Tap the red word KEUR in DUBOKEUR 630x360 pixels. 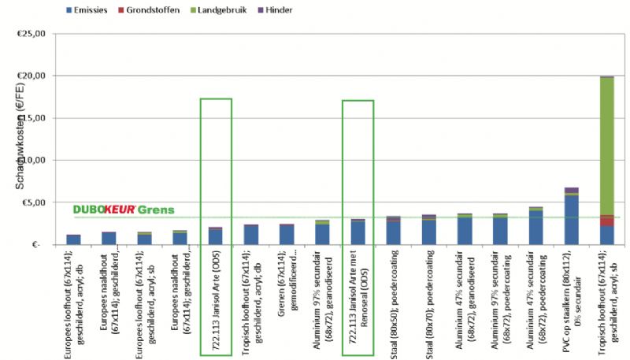point(120,210)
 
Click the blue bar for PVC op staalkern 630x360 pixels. point(571,220)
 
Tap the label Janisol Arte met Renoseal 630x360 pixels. point(357,299)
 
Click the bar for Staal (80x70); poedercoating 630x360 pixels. point(429,231)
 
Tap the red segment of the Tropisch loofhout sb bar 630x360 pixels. point(606,220)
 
